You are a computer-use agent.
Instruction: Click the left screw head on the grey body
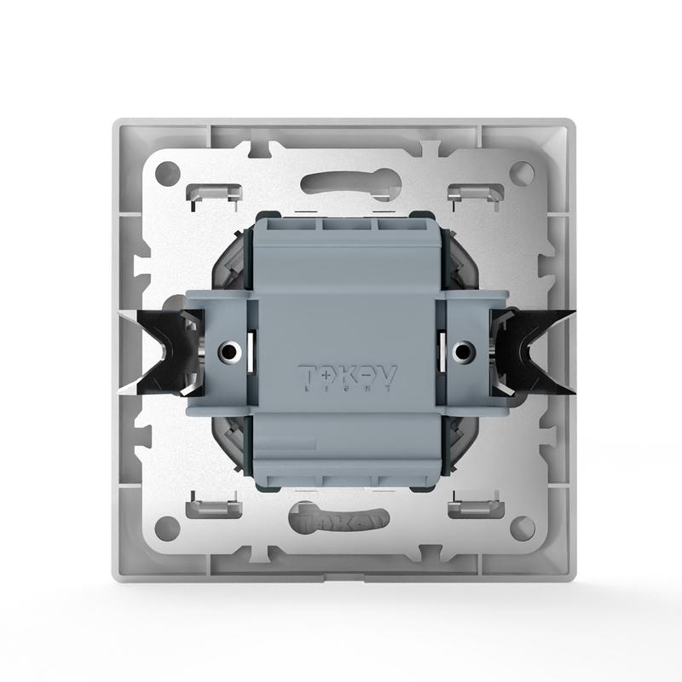click(230, 350)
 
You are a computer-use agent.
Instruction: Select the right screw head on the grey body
click(463, 350)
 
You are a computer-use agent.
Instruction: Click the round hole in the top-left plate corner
click(168, 174)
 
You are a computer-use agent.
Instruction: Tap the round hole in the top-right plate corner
click(521, 174)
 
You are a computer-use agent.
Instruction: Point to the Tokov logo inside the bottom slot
click(345, 517)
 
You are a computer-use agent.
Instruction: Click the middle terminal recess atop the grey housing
click(347, 227)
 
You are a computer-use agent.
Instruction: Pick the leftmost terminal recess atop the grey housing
click(293, 227)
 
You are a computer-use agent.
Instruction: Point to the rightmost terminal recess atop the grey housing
click(400, 227)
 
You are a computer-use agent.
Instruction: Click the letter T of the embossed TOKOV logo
click(307, 373)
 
